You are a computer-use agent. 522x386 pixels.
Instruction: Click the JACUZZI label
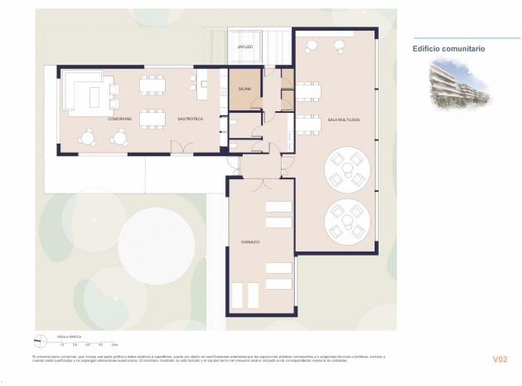[246, 47]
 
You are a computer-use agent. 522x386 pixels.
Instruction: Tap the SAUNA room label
[244, 87]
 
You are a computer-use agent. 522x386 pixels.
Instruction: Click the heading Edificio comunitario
[448, 49]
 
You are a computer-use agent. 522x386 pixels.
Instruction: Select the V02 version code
[499, 359]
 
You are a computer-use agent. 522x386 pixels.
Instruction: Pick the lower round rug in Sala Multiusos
[346, 219]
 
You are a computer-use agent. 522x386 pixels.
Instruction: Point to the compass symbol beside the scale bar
[37, 339]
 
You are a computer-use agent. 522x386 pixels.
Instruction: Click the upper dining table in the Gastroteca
[152, 84]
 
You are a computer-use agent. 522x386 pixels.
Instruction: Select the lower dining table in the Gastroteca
[152, 119]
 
